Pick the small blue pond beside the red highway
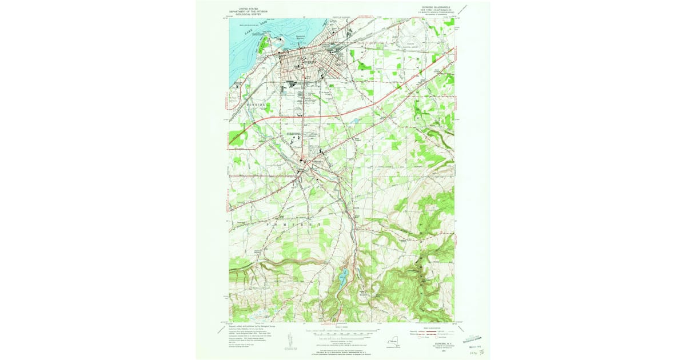tap(356, 121)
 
